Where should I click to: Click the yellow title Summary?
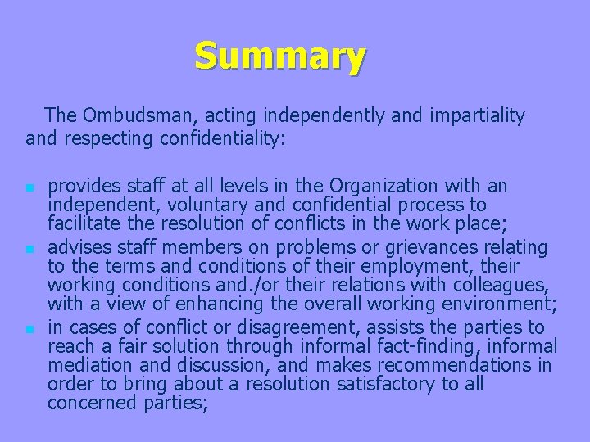[x=280, y=56]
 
